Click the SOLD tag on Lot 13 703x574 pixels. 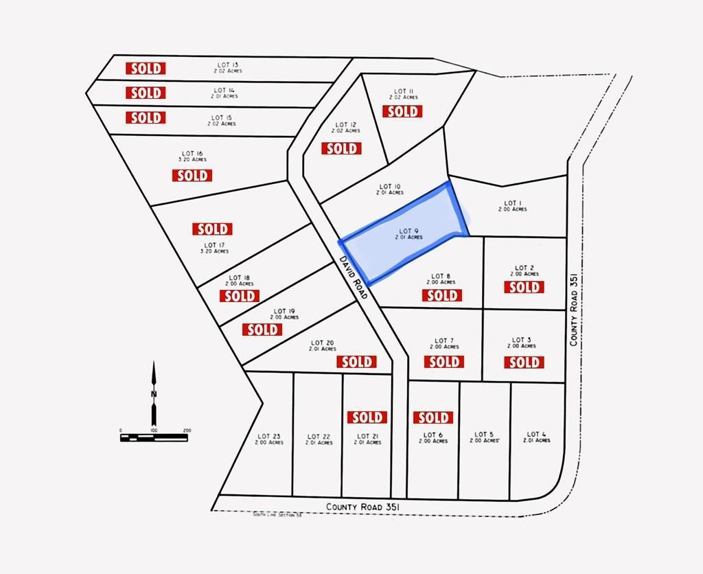(146, 68)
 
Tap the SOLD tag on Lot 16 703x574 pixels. (192, 175)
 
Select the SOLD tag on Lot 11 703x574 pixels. (402, 111)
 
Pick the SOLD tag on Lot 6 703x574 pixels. (433, 417)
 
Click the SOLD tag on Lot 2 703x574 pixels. (524, 287)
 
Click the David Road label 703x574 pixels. (354, 277)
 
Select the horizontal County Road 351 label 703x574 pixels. (363, 507)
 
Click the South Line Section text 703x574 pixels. (277, 515)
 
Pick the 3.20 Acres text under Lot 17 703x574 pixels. (214, 251)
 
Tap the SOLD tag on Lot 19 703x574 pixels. (262, 330)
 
